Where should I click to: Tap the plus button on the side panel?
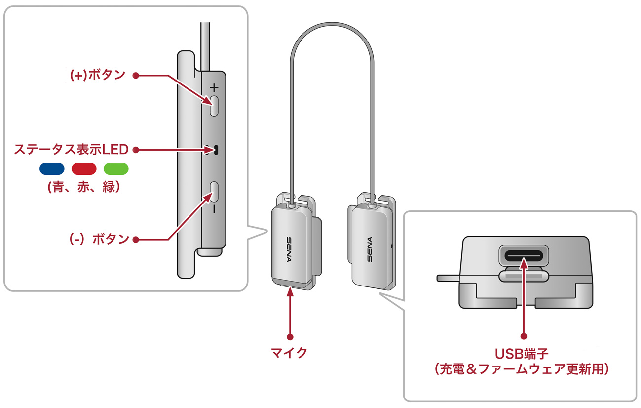[214, 105]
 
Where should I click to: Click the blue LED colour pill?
[52, 168]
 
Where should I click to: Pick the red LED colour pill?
[84, 168]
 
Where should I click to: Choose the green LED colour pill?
[116, 168]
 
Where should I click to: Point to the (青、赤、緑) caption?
[83, 188]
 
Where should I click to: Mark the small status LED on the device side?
[216, 149]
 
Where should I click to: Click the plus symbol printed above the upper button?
[214, 87]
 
